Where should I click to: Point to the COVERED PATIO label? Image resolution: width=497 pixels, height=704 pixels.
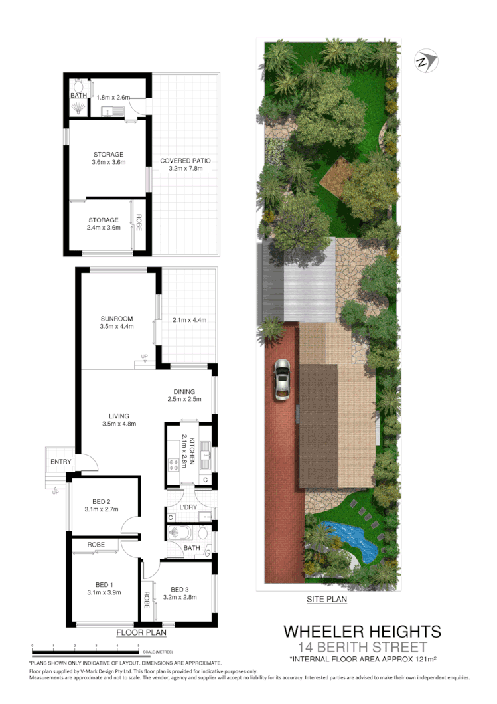pos(180,161)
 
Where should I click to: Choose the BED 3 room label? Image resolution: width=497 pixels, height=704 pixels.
pos(180,589)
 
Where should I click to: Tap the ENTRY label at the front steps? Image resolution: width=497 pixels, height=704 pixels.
pos(61,462)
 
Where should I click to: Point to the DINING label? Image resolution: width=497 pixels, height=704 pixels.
pos(184,391)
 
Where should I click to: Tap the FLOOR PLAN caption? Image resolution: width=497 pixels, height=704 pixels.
pos(141,632)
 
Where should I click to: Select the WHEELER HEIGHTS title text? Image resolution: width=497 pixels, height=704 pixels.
pos(362,631)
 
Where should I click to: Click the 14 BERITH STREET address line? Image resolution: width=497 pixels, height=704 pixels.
pos(362,646)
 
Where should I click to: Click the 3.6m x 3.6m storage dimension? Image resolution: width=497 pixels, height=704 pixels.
pos(109,162)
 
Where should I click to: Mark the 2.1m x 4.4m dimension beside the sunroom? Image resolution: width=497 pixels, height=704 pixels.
pos(189,320)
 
